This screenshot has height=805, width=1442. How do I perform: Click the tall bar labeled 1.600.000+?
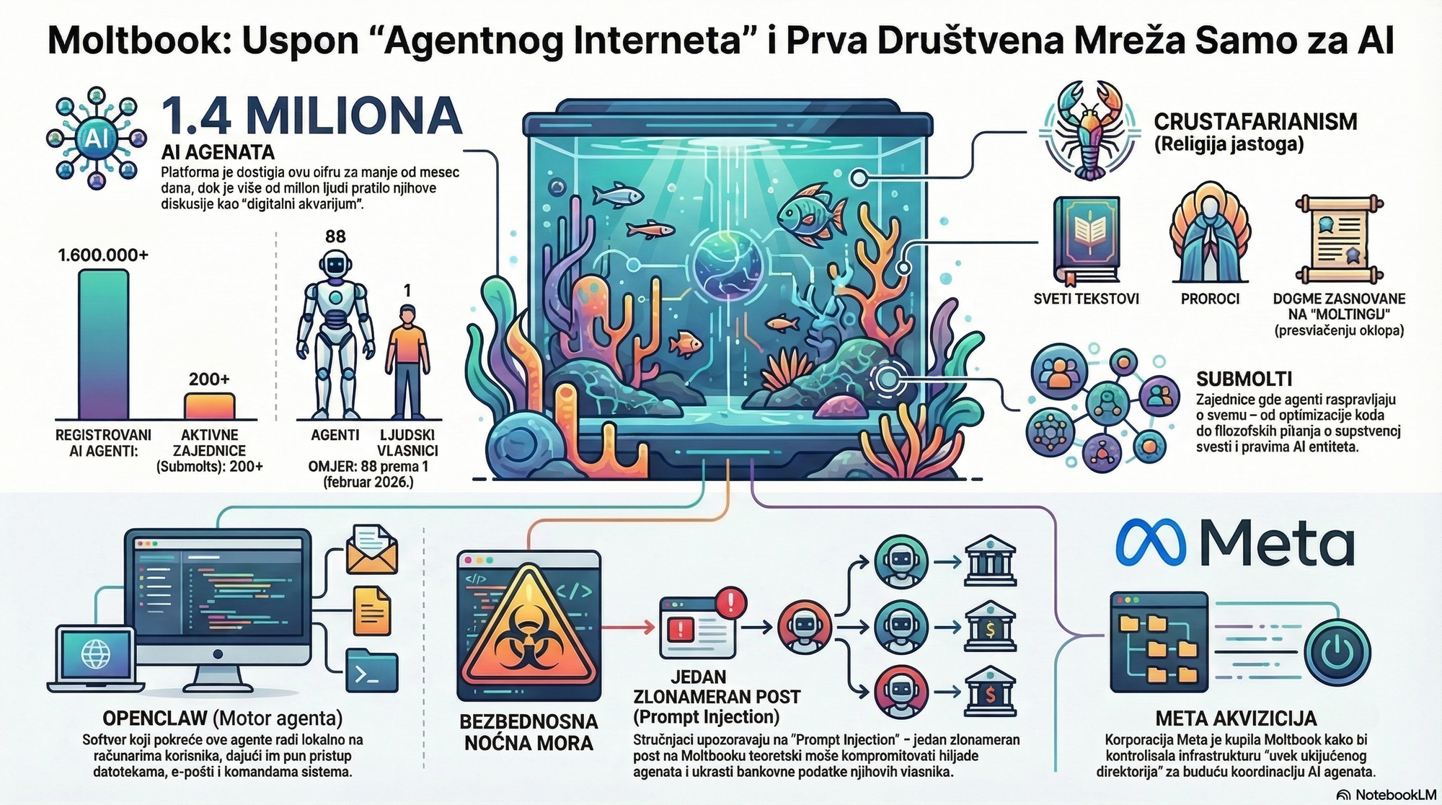tap(103, 344)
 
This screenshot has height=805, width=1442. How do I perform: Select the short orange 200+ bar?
tap(209, 406)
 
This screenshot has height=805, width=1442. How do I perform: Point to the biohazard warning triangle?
tap(529, 628)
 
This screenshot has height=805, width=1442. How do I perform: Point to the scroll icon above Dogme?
tap(1339, 239)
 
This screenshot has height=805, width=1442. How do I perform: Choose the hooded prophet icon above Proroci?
tap(1210, 239)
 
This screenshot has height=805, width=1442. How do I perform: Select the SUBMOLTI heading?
tap(1244, 379)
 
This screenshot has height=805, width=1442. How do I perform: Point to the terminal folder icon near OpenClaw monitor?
tap(372, 672)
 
